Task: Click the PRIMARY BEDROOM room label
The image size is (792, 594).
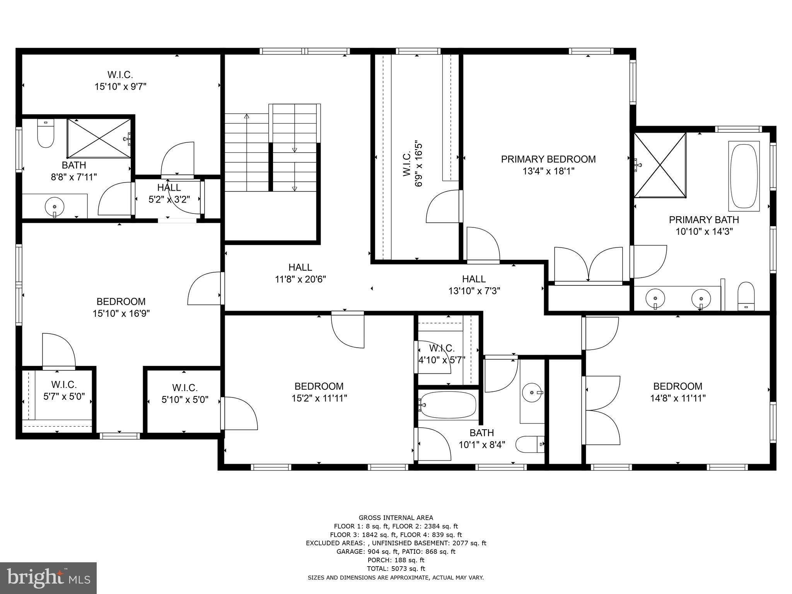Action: click(x=548, y=159)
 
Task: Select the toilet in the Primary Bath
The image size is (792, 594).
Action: click(x=746, y=296)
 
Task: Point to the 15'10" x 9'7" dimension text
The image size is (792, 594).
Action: click(x=120, y=87)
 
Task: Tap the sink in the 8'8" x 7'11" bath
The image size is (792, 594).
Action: click(x=54, y=206)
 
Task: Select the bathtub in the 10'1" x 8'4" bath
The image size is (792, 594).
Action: click(x=447, y=405)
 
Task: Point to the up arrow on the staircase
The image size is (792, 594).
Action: click(x=247, y=116)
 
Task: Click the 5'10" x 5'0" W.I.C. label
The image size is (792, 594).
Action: click(x=185, y=388)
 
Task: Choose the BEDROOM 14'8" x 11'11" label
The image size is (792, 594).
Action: click(x=678, y=386)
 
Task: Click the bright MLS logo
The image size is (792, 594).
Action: click(x=48, y=577)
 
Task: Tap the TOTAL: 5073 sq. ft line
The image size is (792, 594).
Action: click(x=396, y=568)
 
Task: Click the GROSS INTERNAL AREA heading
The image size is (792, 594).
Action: click(x=396, y=517)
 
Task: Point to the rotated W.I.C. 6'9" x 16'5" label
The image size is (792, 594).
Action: click(x=413, y=164)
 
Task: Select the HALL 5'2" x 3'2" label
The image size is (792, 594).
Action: click(x=169, y=188)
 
